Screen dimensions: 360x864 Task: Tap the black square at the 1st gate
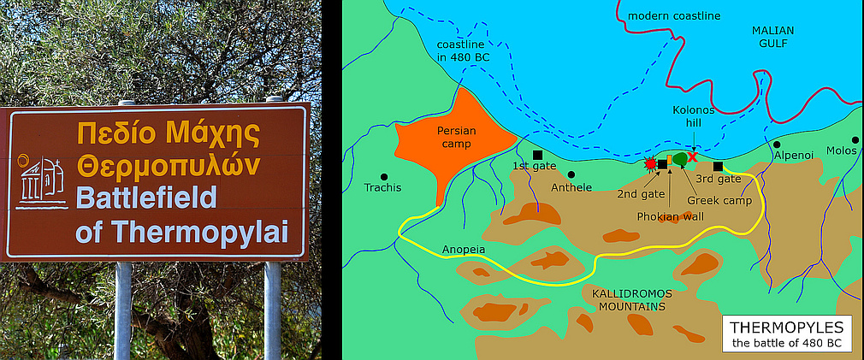(x=537, y=155)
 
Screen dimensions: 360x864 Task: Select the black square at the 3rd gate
(x=718, y=166)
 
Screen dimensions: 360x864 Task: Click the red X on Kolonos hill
(x=692, y=156)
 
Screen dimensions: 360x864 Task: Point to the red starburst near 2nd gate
(x=650, y=162)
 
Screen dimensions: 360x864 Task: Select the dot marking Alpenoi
(x=778, y=144)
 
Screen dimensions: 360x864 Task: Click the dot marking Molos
(x=854, y=139)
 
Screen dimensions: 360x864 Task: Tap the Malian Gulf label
(x=772, y=37)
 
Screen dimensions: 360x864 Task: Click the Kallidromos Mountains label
(x=629, y=299)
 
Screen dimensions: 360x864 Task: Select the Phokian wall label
(x=670, y=216)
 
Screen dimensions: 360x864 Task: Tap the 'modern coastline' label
(x=673, y=15)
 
